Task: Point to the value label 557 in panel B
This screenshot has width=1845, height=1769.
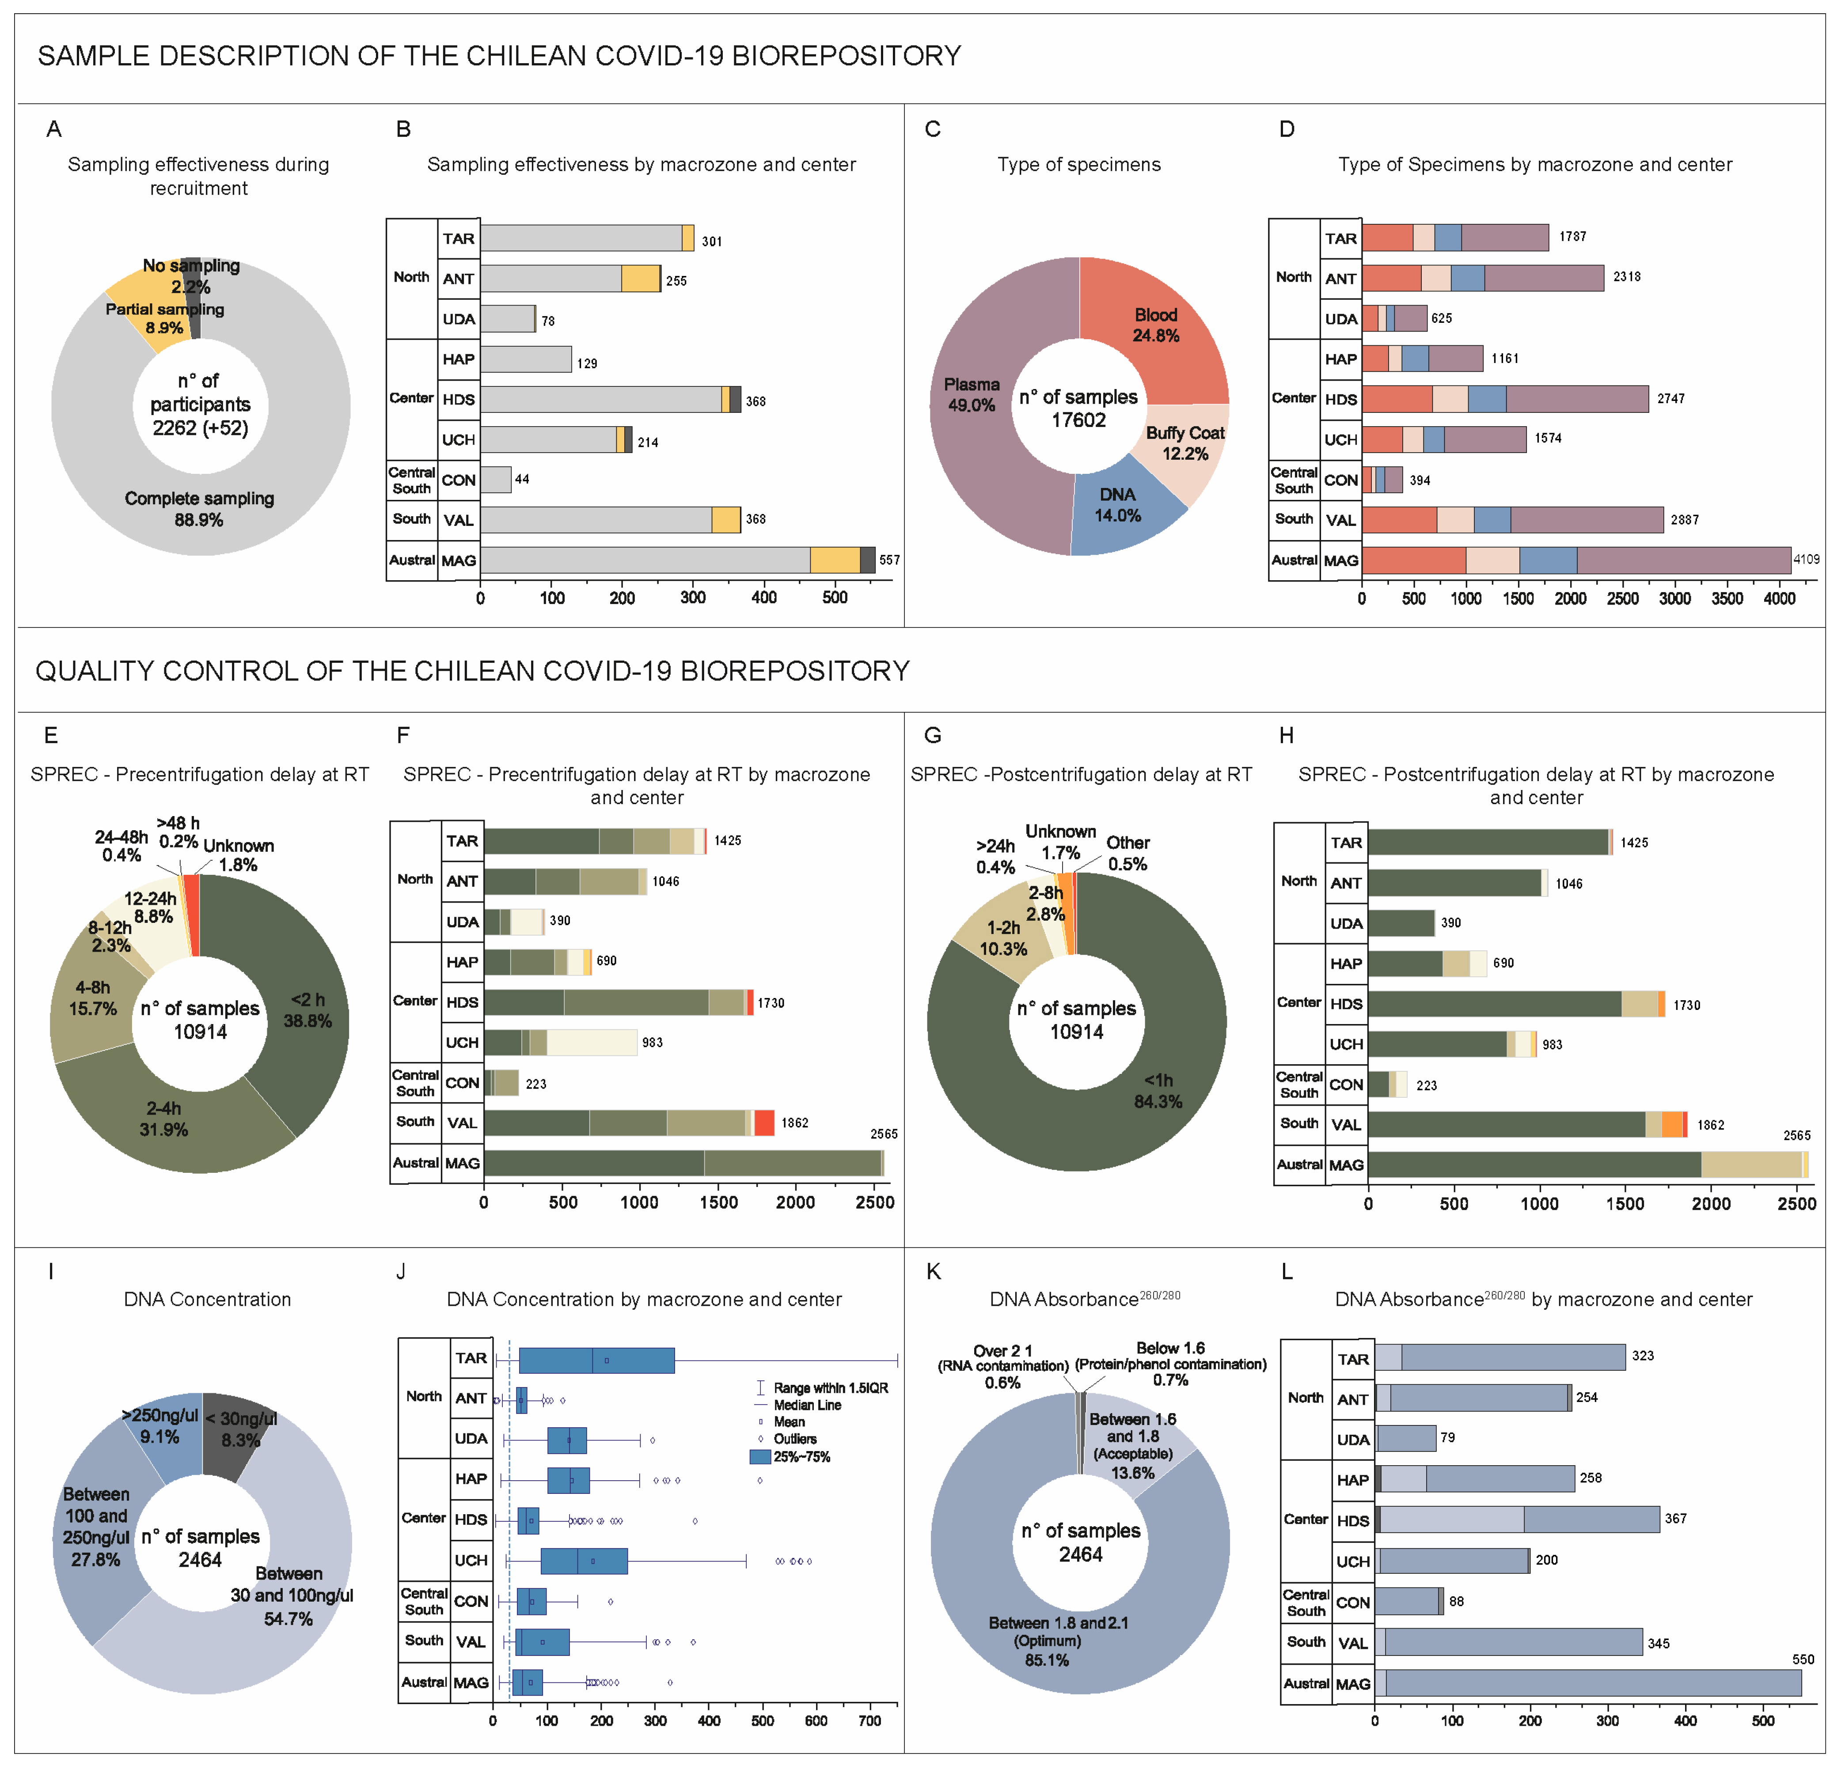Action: pos(889,560)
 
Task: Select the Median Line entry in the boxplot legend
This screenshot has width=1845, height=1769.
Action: pos(807,1405)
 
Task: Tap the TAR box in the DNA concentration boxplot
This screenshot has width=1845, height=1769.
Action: pos(597,1361)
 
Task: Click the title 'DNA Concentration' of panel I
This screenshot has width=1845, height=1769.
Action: pos(207,1300)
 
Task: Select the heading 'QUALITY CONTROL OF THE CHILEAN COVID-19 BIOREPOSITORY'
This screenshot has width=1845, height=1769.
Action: pos(473,671)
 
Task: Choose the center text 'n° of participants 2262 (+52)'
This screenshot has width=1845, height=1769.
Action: pos(201,404)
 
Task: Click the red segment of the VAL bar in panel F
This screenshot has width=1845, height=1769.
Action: pos(764,1123)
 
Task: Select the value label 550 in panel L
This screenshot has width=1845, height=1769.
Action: pos(1803,1660)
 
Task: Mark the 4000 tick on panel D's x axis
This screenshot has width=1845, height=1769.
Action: pos(1779,598)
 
